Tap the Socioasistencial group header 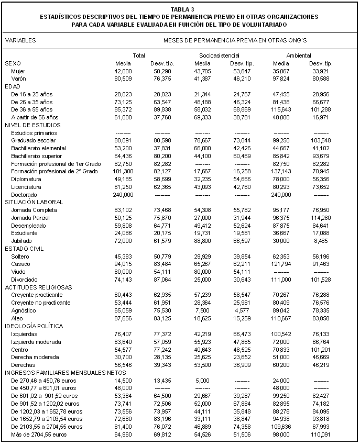pyautogui.click(x=219, y=55)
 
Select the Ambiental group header pyautogui.click(x=299, y=55)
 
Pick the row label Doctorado pyautogui.click(x=24, y=194)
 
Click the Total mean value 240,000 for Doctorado pyautogui.click(x=123, y=194)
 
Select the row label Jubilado pyautogui.click(x=22, y=241)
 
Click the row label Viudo pyautogui.click(x=18, y=272)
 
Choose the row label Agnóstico pyautogui.click(x=24, y=310)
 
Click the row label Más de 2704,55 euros pyautogui.click(x=39, y=434)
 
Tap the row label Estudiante pyautogui.click(x=24, y=233)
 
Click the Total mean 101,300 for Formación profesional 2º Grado pyautogui.click(x=123, y=171)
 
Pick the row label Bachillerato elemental pyautogui.click(x=38, y=148)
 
